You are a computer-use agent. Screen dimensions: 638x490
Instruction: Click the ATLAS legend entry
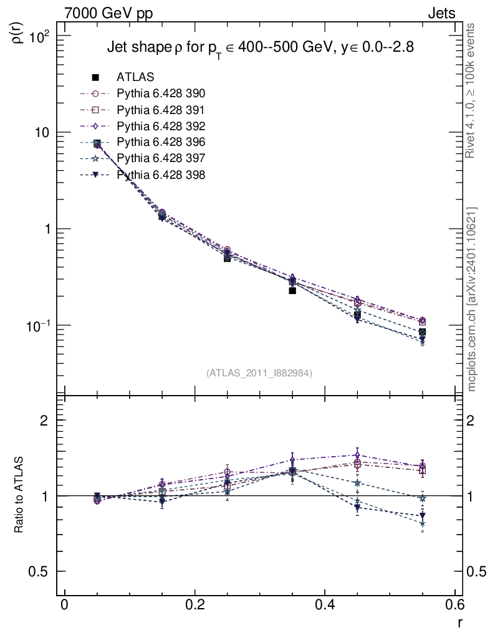pos(135,77)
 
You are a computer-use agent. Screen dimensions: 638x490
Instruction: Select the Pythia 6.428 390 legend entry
pos(161,93)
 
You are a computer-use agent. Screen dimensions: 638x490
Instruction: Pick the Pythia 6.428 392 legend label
pos(161,126)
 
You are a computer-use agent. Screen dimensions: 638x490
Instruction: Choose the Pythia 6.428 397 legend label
pos(161,159)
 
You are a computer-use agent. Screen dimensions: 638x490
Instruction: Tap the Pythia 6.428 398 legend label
pos(161,175)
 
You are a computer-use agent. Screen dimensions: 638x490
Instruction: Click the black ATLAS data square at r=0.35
pos(292,290)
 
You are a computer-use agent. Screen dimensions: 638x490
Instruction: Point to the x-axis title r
pos(460,622)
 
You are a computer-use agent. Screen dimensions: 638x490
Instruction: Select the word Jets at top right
pos(441,13)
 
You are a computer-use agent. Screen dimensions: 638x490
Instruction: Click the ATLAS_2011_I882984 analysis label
pos(259,373)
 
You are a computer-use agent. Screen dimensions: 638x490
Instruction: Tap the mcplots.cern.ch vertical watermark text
pos(472,299)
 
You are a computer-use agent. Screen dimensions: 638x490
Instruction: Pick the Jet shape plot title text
pos(260,47)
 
